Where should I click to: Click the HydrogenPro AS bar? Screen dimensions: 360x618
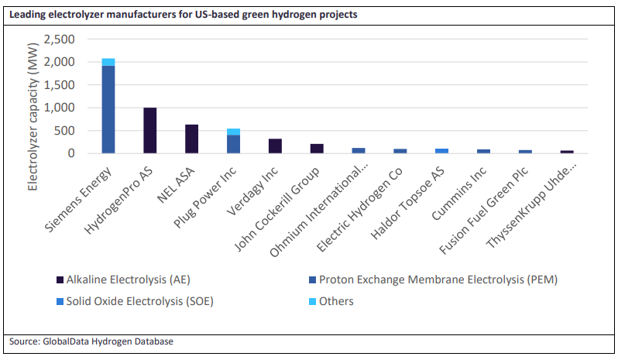point(149,131)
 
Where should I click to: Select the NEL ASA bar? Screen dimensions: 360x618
point(191,139)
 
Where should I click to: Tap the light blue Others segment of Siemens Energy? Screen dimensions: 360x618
point(108,62)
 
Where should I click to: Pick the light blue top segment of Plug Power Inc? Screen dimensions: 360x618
point(233,132)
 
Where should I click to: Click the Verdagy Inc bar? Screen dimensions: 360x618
point(274,146)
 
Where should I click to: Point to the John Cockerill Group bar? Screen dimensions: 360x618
point(316,149)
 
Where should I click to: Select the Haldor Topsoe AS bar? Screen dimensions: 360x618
point(441,151)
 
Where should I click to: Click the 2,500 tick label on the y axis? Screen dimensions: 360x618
point(60,39)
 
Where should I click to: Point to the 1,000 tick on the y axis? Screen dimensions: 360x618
point(60,108)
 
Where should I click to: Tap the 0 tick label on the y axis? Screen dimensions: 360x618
point(70,153)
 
